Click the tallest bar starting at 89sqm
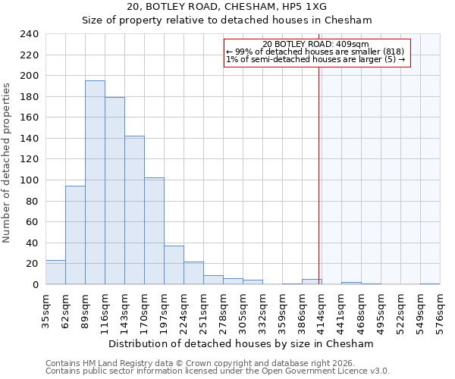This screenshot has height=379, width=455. click(x=95, y=183)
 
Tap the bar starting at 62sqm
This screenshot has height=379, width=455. click(x=75, y=235)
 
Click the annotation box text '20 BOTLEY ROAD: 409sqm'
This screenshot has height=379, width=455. click(x=315, y=44)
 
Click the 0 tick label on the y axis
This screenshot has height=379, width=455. click(x=35, y=284)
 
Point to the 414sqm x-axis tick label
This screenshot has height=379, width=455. click(x=322, y=309)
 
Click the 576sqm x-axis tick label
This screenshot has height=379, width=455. click(x=441, y=309)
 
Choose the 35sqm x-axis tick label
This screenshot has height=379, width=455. click(x=46, y=309)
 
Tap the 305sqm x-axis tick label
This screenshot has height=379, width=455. click(x=243, y=309)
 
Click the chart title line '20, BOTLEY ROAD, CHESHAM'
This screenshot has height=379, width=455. click(x=227, y=7)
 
